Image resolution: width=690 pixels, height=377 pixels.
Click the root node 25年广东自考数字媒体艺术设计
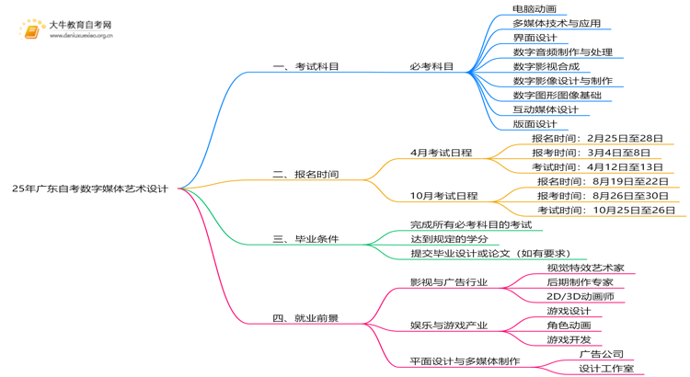click(x=90, y=188)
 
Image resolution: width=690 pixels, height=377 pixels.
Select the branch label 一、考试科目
click(x=306, y=66)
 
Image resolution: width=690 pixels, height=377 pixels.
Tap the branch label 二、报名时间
click(x=306, y=174)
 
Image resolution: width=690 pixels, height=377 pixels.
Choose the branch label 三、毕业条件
click(x=306, y=239)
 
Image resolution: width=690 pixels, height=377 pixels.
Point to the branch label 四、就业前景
click(x=306, y=319)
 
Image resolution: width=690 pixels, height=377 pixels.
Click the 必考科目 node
click(x=431, y=66)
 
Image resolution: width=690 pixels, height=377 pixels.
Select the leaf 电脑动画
click(x=535, y=9)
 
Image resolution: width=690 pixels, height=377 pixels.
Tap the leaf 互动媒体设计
click(x=546, y=109)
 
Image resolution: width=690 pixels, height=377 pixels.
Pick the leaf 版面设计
click(x=535, y=124)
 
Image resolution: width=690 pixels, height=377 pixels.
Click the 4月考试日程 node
click(x=442, y=153)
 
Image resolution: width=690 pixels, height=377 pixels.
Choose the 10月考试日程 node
click(x=444, y=196)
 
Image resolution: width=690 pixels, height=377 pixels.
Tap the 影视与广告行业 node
click(x=449, y=282)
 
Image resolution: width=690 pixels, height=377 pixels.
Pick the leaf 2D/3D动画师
click(x=580, y=297)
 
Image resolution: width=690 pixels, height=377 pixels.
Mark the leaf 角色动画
click(x=569, y=326)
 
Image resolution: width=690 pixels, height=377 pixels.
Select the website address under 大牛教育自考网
click(x=81, y=37)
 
